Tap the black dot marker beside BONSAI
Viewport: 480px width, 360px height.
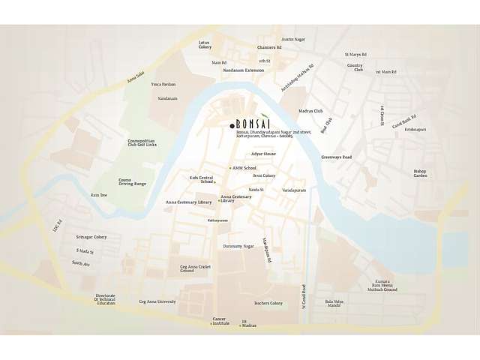tap(232, 125)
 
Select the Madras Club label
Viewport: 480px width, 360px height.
tap(310, 110)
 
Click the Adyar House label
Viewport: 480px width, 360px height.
tap(264, 154)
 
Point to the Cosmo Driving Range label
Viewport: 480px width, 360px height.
tap(132, 181)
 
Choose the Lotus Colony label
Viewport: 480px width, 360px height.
tap(205, 45)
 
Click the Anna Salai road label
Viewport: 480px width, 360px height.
tap(135, 73)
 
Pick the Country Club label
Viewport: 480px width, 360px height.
tap(355, 67)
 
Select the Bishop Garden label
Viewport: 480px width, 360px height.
tap(420, 173)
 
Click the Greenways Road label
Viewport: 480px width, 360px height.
tap(336, 157)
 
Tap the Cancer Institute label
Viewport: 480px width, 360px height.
tap(220, 320)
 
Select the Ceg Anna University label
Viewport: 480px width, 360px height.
tap(157, 301)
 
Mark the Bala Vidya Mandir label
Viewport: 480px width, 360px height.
tap(334, 303)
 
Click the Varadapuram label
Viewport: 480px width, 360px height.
tap(294, 190)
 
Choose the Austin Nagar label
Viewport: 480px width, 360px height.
tap(293, 39)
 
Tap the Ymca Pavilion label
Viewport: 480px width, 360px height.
tap(163, 84)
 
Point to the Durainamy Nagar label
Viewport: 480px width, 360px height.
tap(238, 246)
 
